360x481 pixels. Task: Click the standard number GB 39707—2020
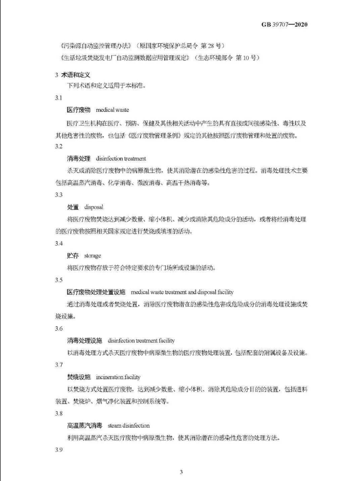point(285,25)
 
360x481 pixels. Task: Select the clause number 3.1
point(59,98)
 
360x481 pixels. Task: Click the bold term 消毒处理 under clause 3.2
point(79,158)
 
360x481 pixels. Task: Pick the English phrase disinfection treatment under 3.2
point(121,158)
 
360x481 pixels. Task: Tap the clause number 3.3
point(59,195)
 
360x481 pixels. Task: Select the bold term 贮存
point(73,255)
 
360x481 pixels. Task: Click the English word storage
point(93,255)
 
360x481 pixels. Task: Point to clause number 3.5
point(59,280)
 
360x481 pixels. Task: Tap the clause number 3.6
point(59,328)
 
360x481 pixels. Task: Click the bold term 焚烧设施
point(79,377)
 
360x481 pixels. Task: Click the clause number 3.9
point(59,449)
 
